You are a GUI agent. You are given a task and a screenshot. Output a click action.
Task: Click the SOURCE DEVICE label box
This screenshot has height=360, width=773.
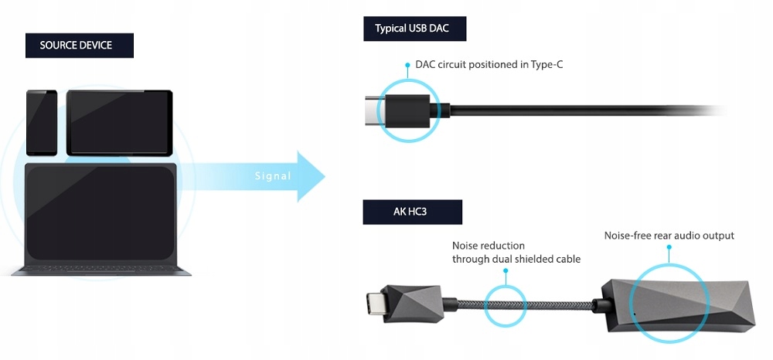[76, 46]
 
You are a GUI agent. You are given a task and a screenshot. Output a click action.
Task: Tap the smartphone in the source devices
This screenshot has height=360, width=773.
[42, 122]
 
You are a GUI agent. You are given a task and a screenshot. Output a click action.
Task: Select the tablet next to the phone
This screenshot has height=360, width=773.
[119, 122]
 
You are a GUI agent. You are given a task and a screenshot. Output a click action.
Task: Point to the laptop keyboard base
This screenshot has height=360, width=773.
[101, 270]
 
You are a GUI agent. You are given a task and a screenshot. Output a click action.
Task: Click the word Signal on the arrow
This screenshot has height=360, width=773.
[273, 176]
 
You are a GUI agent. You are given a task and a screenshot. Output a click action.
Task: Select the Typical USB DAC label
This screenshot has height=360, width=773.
[411, 29]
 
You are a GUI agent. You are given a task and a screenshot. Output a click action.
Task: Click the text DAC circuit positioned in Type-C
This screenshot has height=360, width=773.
[489, 64]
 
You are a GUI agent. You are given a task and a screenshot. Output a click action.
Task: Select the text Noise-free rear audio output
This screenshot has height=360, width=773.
[669, 235]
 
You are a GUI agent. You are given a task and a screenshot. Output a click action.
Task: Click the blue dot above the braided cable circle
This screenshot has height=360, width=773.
[505, 271]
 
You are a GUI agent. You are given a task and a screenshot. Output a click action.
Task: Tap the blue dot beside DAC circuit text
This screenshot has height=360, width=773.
[407, 64]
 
